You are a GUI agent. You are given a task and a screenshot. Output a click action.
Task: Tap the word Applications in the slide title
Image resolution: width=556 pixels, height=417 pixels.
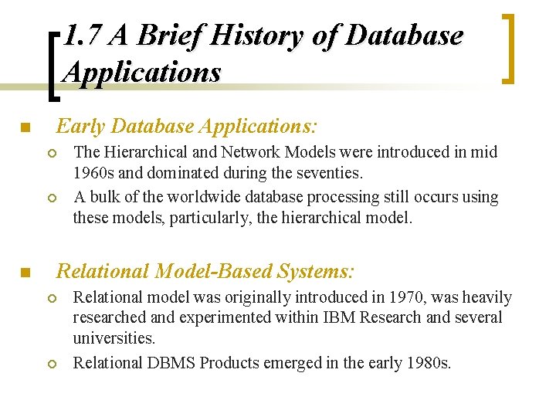tap(142, 72)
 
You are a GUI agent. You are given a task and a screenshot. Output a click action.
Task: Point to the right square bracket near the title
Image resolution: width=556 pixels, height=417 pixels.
tap(507, 48)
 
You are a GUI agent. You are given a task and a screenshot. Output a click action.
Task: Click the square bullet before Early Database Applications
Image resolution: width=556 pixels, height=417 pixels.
tap(25, 127)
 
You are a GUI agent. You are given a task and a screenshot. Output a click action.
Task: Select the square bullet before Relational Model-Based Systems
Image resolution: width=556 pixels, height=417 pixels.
tap(25, 273)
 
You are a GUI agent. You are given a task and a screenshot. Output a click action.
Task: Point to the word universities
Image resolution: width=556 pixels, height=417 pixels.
tap(114, 337)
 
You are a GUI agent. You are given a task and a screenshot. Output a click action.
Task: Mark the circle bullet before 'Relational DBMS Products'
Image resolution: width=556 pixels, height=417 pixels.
tap(53, 364)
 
